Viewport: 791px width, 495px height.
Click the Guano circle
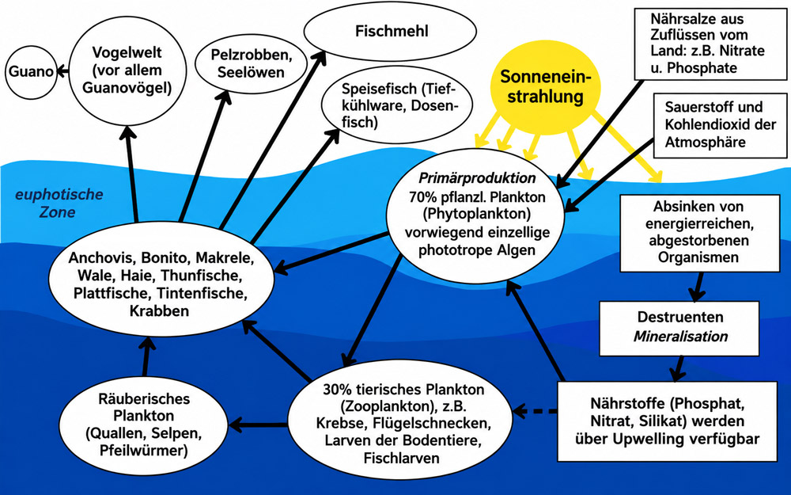click(31, 72)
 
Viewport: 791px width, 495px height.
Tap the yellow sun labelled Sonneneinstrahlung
click(545, 87)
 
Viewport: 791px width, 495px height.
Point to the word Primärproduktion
click(477, 178)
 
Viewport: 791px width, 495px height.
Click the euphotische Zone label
click(59, 203)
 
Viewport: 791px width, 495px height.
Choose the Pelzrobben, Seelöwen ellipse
click(252, 63)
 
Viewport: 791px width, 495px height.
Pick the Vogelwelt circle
click(127, 70)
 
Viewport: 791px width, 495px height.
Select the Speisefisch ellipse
click(397, 105)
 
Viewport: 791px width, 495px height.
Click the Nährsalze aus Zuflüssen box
click(710, 44)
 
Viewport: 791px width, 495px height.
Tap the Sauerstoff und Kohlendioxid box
click(720, 125)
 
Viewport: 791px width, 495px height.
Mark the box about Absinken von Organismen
click(700, 232)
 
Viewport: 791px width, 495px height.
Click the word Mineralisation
click(680, 337)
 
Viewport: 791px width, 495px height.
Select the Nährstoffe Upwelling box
click(667, 421)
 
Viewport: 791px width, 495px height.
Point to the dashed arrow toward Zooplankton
click(535, 411)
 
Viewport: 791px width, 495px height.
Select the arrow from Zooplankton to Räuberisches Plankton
click(259, 425)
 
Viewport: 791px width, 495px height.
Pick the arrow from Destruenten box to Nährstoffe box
click(678, 368)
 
